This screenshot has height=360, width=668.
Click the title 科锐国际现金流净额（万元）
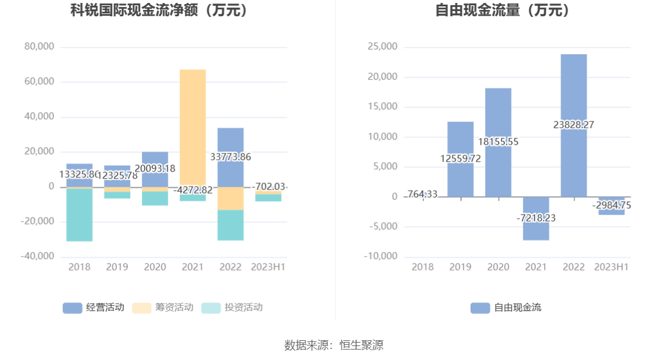pos(159,10)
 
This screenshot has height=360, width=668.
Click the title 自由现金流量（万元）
pos(503,10)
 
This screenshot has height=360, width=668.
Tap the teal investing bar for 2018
pos(79,215)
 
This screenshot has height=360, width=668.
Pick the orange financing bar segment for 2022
pos(230,199)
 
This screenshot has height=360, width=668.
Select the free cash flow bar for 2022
pos(574,93)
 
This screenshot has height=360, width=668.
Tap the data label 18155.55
pos(498,142)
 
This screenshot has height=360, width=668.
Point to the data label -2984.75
pos(612,205)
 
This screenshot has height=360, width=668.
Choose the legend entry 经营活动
pos(94,308)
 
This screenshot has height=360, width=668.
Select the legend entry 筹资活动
pos(163,308)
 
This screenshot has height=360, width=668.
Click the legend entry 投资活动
pos(232,308)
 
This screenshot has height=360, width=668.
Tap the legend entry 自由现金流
pos(506,308)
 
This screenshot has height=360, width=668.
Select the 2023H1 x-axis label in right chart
pos(612,267)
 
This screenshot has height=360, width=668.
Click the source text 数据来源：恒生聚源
pos(334,345)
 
